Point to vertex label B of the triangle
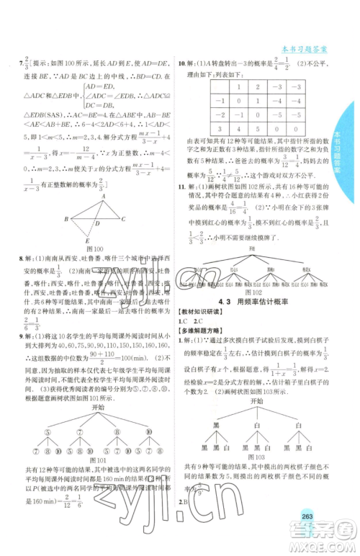coord(66,219)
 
